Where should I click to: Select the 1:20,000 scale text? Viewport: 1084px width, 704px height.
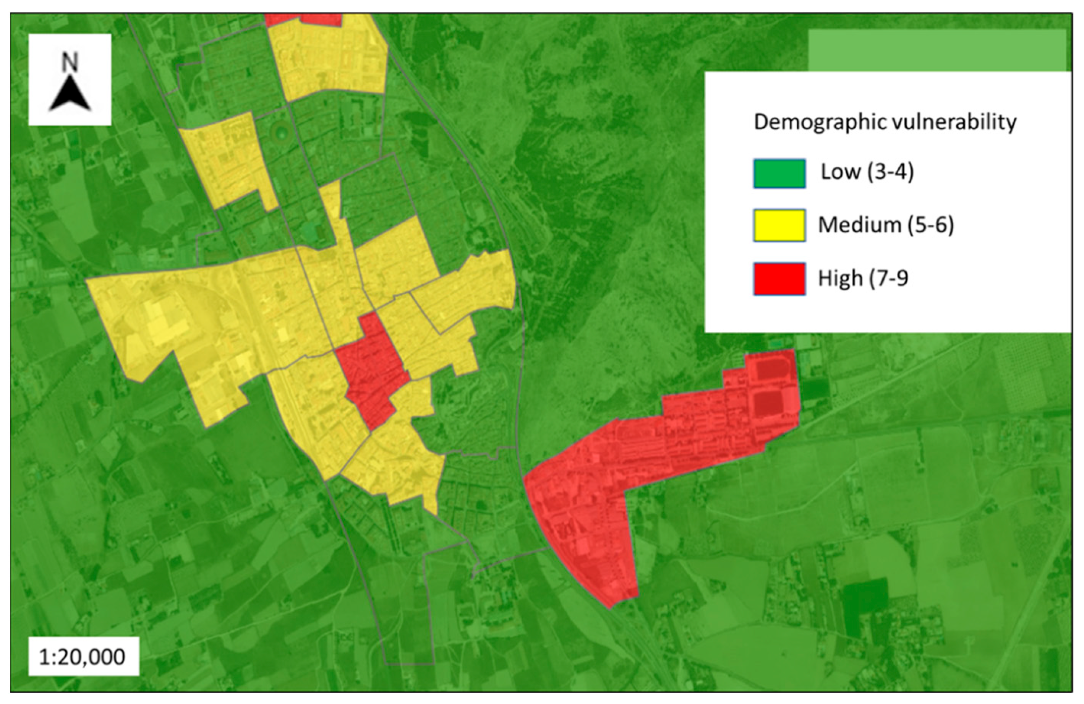tap(83, 657)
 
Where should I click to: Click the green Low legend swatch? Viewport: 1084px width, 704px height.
tap(779, 174)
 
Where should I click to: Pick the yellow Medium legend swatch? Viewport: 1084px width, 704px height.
tap(779, 225)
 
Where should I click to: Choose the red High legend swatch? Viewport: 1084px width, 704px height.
tap(779, 278)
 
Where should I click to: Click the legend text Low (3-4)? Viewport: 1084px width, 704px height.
tap(867, 172)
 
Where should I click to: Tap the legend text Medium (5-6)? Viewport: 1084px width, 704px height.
tap(885, 225)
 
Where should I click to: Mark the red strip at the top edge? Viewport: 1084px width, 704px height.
tap(303, 19)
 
